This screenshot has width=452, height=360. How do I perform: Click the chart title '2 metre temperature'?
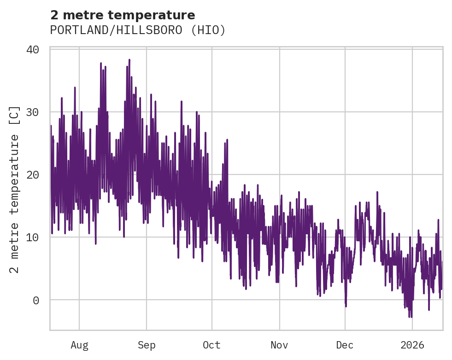pos(123,15)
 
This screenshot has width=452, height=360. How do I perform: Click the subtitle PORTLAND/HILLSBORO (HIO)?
pos(138,30)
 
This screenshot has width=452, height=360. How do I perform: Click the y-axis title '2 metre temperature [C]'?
pos(15,189)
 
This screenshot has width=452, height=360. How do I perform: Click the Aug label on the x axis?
pos(79,345)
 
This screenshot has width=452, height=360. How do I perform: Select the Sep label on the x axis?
pos(147,345)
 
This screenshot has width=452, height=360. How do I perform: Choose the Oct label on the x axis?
pos(212,345)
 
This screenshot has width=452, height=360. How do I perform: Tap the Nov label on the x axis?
pos(279,345)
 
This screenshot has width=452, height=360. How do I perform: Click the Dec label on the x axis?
pos(345,345)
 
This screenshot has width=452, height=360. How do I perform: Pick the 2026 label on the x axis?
pos(412,345)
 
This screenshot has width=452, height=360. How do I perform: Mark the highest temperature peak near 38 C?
pos(129,60)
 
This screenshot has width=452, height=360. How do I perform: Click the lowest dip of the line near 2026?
pos(410,316)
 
